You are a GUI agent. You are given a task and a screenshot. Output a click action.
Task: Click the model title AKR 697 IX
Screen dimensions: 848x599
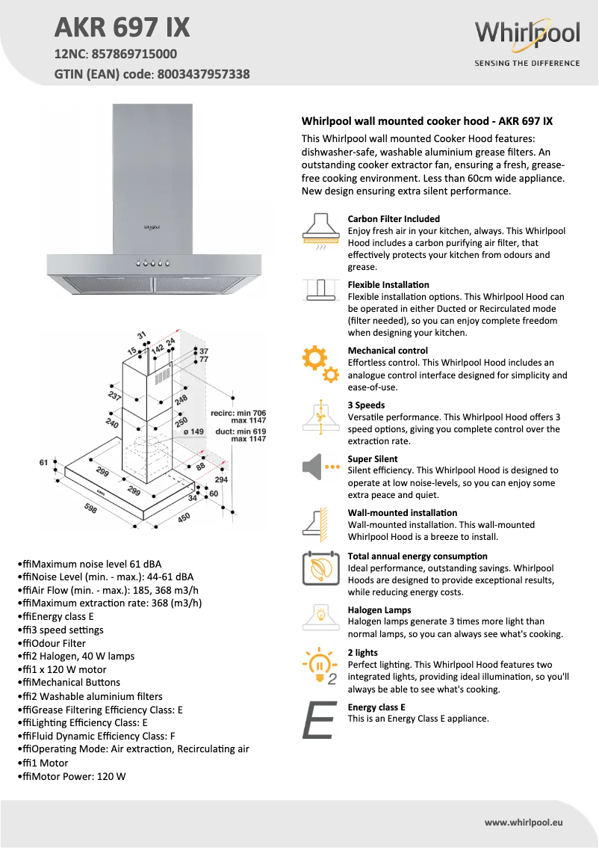122,28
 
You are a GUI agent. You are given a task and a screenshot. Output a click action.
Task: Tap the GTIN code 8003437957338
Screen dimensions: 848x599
203,75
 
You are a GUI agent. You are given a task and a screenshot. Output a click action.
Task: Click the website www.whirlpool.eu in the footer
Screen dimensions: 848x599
523,822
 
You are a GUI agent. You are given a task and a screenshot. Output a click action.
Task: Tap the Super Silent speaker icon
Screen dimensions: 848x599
320,468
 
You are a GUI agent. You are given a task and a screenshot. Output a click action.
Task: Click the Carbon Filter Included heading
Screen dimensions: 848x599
394,219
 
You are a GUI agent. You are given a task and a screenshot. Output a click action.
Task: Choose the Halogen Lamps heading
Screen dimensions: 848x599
379,610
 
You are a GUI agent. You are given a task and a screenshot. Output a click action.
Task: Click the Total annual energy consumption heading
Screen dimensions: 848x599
418,556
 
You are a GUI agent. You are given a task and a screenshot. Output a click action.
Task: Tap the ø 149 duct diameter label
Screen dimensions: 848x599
193,431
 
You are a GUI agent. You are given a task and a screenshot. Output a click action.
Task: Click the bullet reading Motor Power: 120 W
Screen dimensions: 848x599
74,776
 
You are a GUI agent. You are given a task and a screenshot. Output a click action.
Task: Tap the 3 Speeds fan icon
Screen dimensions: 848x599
320,417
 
